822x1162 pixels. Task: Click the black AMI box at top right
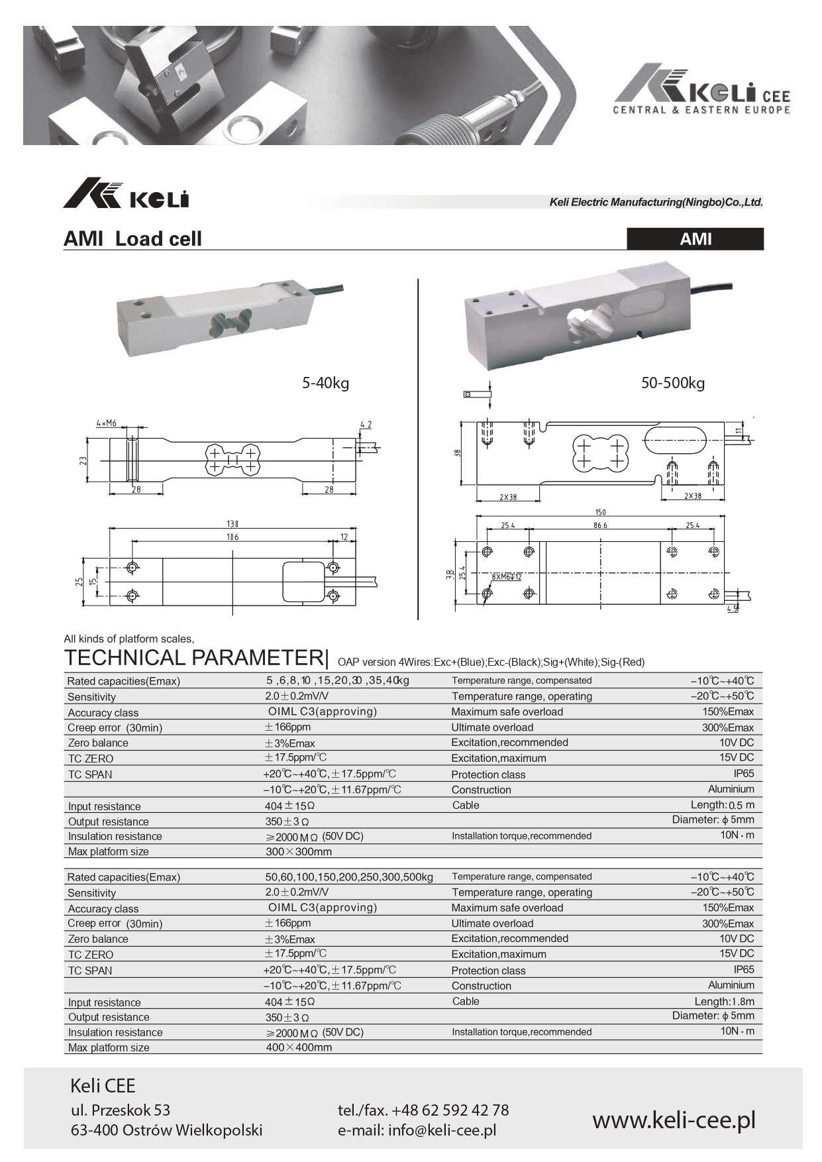pos(695,239)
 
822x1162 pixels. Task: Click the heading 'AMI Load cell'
pos(132,239)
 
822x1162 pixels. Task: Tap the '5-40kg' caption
pos(325,383)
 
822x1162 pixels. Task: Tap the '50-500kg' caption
pos(672,383)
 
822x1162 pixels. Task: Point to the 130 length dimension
pos(232,523)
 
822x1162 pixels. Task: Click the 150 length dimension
pos(600,512)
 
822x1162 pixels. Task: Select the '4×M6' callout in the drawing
pos(106,423)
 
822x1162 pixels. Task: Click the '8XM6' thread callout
pos(507,577)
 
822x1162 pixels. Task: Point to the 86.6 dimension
pos(600,525)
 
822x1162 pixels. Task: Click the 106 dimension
pos(232,537)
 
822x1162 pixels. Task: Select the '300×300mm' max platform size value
pos(299,852)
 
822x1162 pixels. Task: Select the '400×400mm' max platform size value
pos(299,1048)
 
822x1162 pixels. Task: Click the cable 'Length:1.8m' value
pos(724,1002)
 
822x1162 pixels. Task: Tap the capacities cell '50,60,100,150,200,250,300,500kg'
pos(349,877)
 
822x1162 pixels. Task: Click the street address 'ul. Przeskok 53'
pos(121,1110)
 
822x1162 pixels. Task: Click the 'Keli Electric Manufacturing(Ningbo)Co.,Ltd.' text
pos(656,202)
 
